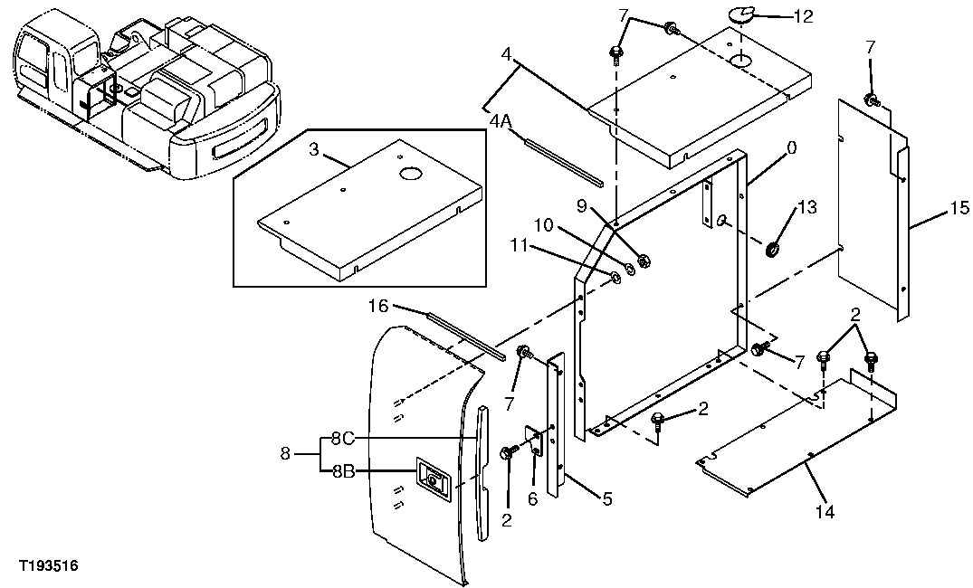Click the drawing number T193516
48,566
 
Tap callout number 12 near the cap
803,15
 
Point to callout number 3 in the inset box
314,150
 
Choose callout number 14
825,512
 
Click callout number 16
378,307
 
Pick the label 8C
341,439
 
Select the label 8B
341,470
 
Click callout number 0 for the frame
791,148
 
